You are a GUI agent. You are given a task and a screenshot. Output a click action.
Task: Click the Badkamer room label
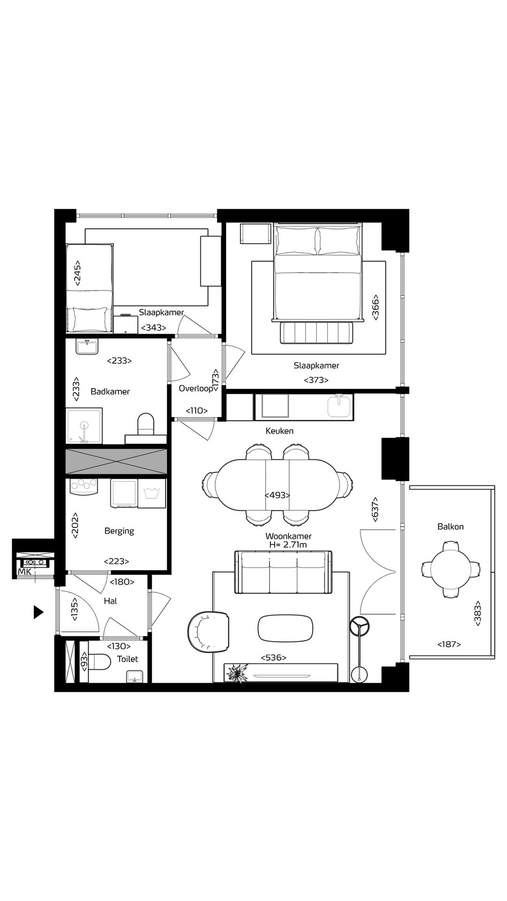click(110, 391)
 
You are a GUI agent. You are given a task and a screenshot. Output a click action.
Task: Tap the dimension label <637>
click(375, 509)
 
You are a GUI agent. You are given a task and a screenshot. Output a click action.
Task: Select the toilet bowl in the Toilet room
click(100, 662)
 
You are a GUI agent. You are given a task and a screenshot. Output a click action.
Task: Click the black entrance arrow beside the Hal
click(38, 612)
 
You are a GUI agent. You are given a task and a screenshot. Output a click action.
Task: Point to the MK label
click(24, 572)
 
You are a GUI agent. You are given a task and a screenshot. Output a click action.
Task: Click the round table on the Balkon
click(451, 569)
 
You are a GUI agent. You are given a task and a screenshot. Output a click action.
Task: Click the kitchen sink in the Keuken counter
click(339, 406)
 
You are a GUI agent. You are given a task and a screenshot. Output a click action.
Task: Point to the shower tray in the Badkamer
click(84, 426)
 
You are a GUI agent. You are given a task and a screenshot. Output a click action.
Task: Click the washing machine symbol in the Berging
click(152, 493)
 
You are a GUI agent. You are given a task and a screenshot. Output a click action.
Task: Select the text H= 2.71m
click(288, 545)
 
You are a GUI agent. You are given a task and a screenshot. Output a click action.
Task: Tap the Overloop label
click(195, 389)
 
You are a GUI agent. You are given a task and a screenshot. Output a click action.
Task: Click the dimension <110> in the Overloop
click(196, 411)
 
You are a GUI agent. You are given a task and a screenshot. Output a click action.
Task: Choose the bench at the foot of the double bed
click(317, 333)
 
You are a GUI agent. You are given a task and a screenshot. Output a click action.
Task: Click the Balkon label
click(450, 527)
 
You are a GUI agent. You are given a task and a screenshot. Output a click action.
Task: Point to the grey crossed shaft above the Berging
click(116, 461)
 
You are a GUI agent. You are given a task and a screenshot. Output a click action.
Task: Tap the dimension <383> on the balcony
click(478, 613)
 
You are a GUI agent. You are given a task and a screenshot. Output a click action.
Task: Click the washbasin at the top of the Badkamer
click(87, 347)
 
